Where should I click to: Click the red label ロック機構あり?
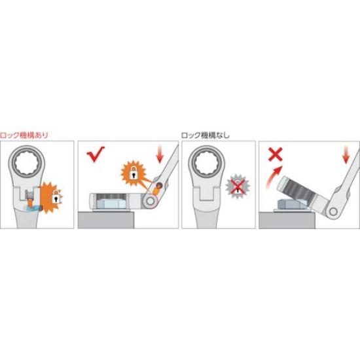(26, 135)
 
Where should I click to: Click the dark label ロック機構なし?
(206, 135)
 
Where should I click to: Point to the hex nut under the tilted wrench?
(286, 204)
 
